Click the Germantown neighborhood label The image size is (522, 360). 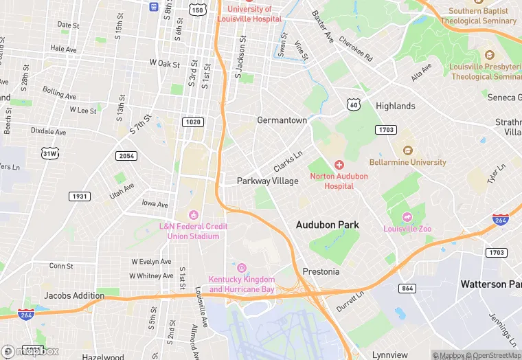pyautogui.click(x=282, y=120)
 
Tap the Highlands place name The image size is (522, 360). pyautogui.click(x=395, y=106)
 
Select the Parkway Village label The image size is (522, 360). pyautogui.click(x=267, y=181)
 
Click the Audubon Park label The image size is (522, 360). pyautogui.click(x=327, y=225)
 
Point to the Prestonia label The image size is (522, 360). pyautogui.click(x=321, y=271)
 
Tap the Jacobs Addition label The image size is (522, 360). pyautogui.click(x=74, y=295)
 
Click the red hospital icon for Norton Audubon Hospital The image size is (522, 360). pyautogui.click(x=339, y=165)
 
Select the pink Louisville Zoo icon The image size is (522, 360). pyautogui.click(x=405, y=216)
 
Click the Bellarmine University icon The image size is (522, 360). pyautogui.click(x=408, y=150)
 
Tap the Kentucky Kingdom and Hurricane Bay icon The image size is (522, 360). pyautogui.click(x=241, y=267)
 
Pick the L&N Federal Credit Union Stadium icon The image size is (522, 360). pyautogui.click(x=193, y=215)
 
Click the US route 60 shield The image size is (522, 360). pyautogui.click(x=353, y=104)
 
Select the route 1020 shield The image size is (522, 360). pyautogui.click(x=193, y=122)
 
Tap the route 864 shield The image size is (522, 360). pyautogui.click(x=407, y=288)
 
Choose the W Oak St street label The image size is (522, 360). pyautogui.click(x=164, y=63)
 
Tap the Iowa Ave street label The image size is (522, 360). pyautogui.click(x=155, y=204)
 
